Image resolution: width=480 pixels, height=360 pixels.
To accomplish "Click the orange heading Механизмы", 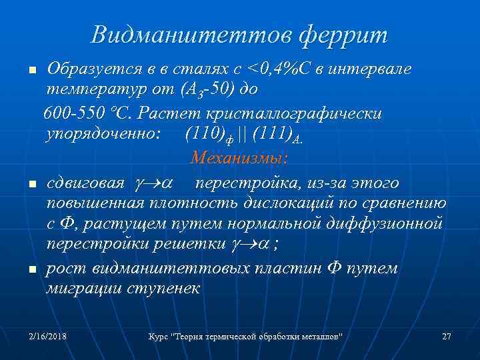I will click(x=239, y=159).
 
